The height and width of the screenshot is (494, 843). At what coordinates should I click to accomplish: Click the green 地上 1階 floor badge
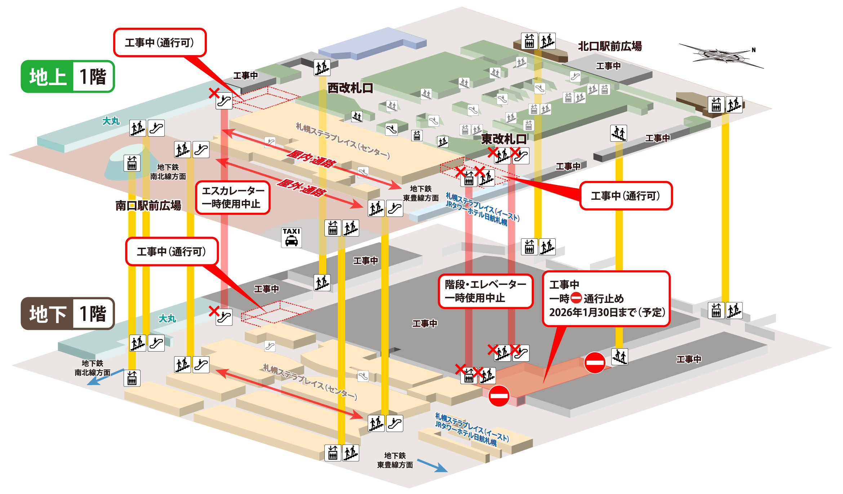coord(68,76)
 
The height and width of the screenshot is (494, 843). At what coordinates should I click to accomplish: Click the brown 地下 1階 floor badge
coord(68,313)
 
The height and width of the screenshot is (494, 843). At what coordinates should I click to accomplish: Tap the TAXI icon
coord(291,237)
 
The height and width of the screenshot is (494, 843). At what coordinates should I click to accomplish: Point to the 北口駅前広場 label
coord(610,46)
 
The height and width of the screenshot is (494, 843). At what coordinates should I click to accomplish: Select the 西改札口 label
coord(350,88)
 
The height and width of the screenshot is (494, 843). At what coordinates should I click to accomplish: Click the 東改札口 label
coord(504,139)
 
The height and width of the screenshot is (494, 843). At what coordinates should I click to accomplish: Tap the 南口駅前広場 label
coord(148,205)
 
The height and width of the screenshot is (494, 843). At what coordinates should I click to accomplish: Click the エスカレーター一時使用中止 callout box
coord(233,197)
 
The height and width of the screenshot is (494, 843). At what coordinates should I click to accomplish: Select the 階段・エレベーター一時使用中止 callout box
coord(485,291)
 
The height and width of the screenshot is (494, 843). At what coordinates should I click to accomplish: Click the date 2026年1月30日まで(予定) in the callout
coord(607,312)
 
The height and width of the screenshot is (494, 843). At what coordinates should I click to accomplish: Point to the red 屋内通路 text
coord(311,159)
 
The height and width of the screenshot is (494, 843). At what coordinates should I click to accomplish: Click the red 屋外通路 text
coord(301,188)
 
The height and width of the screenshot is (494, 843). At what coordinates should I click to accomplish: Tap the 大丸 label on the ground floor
coord(111,121)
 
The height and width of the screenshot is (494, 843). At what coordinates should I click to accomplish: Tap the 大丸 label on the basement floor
coord(167,318)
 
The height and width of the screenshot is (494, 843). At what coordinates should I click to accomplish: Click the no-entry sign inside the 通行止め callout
coord(576,298)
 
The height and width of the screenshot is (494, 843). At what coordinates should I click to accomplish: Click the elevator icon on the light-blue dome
coord(132,163)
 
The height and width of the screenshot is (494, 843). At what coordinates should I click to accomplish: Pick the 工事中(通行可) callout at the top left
coord(160,43)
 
